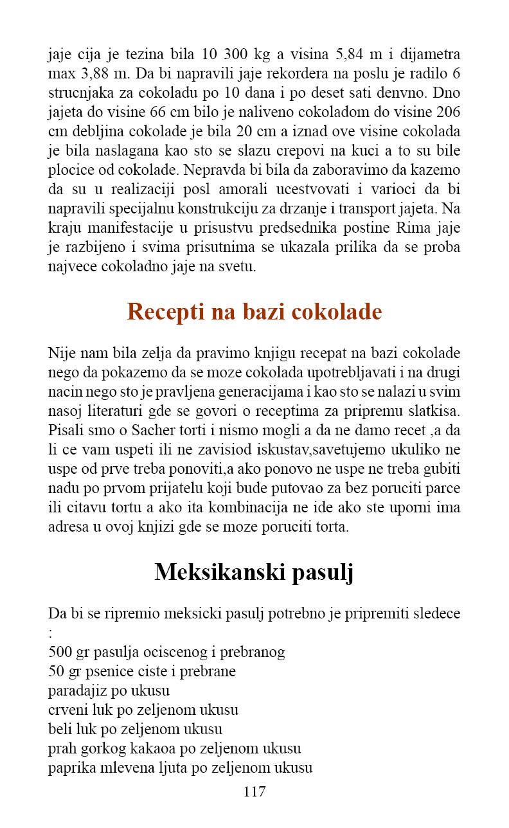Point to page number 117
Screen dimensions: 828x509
coord(254,791)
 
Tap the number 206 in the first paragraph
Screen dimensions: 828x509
coord(447,112)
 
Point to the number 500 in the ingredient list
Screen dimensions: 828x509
coord(60,652)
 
